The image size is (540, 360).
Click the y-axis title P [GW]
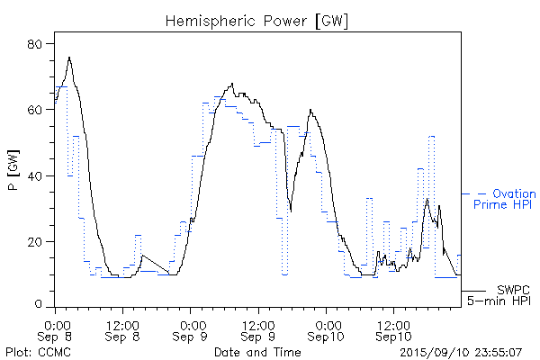point(13,175)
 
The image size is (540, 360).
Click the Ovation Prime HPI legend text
point(509,200)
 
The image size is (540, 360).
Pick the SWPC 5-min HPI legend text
point(497,295)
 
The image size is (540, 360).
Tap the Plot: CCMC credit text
point(33,352)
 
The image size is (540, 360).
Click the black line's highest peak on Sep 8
point(69,58)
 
